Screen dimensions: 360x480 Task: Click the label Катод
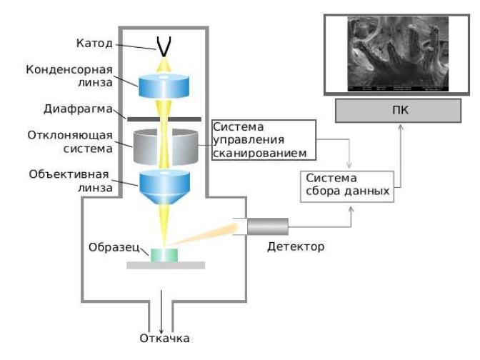[94, 44]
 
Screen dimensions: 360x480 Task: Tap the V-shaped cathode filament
[165, 46]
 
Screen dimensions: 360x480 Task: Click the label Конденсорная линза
[69, 76]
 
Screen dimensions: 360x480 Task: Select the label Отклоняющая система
[69, 142]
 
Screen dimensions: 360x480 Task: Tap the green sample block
[165, 254]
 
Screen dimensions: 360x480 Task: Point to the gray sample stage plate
[165, 265]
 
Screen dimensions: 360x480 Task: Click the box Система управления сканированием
[264, 139]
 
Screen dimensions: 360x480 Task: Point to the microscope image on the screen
[398, 54]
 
